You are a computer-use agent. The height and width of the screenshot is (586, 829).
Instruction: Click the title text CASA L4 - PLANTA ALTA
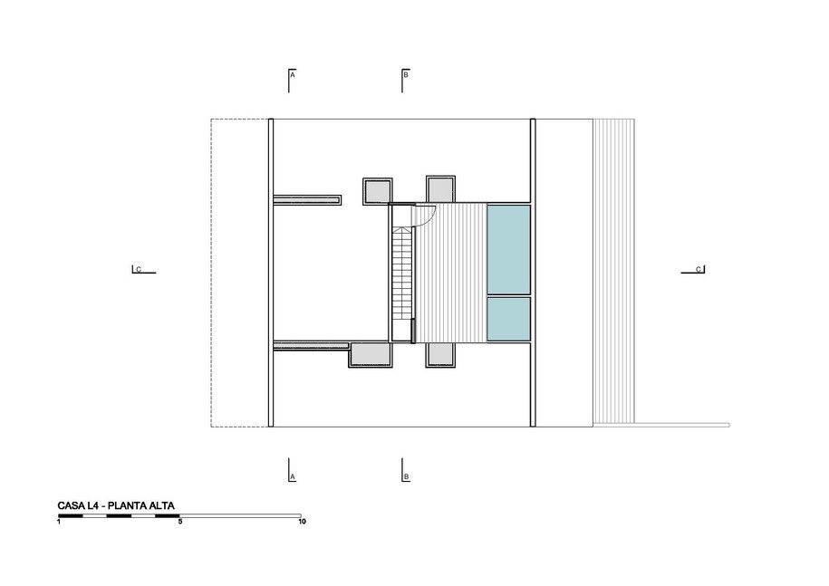click(116, 505)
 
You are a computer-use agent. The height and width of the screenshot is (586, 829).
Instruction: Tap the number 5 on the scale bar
click(180, 522)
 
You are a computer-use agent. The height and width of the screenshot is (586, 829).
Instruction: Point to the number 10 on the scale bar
click(302, 522)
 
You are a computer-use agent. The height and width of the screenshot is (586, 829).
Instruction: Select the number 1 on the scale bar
click(59, 522)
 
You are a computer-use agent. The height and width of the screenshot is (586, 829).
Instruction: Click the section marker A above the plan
click(292, 81)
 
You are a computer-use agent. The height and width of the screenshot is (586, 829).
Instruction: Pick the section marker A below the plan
click(292, 470)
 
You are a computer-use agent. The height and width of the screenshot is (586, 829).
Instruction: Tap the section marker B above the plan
click(405, 81)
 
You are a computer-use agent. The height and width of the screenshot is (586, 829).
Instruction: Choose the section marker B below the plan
click(405, 470)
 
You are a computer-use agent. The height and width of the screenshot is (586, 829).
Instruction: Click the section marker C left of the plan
click(144, 270)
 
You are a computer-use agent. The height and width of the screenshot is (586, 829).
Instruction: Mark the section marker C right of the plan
click(692, 270)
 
